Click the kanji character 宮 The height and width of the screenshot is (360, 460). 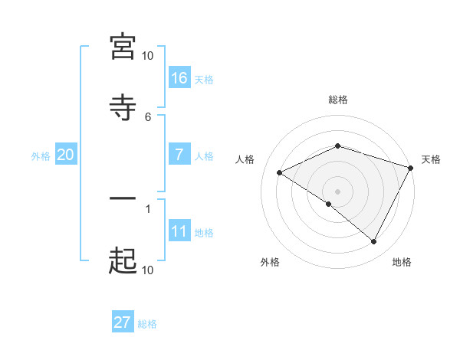tap(123, 47)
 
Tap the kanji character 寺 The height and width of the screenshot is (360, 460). tap(123, 106)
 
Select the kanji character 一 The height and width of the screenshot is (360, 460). tap(123, 200)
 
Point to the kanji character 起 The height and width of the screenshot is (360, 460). tap(123, 260)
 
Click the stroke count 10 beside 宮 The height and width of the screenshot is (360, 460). tap(147, 56)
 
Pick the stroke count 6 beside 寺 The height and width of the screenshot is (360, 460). tap(148, 116)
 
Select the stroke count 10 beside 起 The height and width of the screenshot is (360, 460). tap(147, 270)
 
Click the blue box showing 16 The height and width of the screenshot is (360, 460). tap(179, 77)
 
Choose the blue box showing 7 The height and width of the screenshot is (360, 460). tap(179, 154)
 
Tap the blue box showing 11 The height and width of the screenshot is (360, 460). tap(179, 231)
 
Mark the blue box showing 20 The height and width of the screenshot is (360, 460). tap(66, 154)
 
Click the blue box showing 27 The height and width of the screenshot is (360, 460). tap(123, 322)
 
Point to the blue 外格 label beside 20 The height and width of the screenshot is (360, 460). tap(41, 155)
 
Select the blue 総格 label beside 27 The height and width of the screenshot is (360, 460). tap(147, 324)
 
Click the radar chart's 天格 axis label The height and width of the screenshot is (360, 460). tap(431, 159)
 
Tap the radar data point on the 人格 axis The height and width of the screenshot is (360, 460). tap(280, 172)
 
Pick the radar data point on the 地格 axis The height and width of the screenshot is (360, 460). tap(373, 241)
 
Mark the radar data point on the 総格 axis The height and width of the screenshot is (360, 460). tap(338, 146)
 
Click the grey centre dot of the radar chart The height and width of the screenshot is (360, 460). tap(338, 191)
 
